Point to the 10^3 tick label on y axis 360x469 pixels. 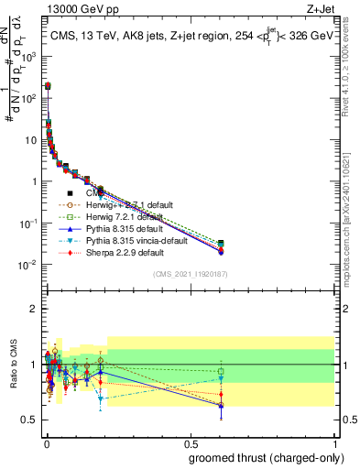click(x=27, y=56)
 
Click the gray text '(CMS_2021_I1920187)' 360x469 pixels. click(x=189, y=274)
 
